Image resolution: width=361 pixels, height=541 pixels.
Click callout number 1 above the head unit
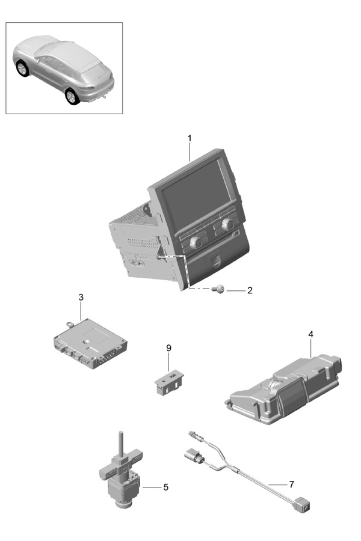190,138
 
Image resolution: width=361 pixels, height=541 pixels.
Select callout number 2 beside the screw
250,290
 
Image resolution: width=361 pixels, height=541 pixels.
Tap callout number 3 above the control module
81,297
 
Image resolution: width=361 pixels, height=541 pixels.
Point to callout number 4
310,334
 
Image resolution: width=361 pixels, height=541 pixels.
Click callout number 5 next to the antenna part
166,487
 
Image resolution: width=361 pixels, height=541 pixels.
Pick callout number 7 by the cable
292,484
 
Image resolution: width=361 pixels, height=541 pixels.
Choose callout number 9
168,348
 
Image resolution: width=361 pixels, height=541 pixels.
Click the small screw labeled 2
218,290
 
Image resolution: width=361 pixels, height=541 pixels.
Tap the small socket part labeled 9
168,382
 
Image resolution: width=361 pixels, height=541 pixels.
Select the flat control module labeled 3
90,344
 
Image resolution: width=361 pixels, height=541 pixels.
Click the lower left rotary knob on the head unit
197,243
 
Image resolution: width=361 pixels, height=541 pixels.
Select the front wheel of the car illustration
22,69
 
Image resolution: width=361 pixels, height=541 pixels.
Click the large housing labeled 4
283,389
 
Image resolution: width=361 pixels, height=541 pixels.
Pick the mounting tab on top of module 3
70,323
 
